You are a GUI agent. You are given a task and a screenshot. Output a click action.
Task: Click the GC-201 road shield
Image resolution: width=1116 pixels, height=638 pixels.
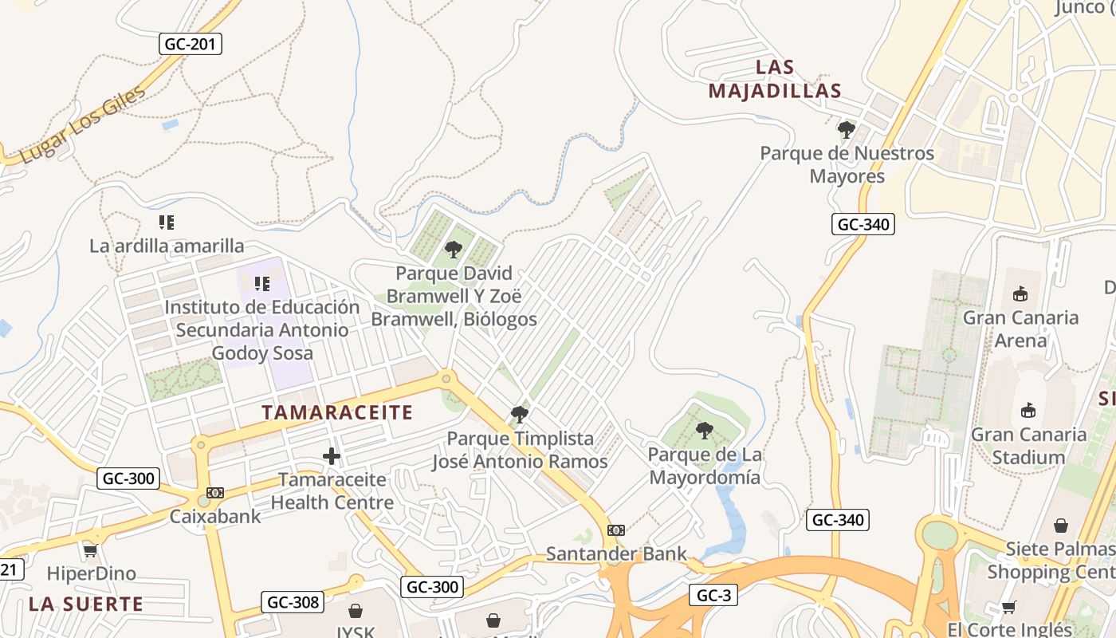(191, 44)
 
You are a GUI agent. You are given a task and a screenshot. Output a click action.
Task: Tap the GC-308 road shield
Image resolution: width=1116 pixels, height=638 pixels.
(293, 602)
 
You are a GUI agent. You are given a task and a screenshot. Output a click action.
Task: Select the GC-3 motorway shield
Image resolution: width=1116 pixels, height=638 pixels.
(713, 595)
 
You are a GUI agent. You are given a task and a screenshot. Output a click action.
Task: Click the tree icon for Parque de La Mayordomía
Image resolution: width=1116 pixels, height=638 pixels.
(704, 431)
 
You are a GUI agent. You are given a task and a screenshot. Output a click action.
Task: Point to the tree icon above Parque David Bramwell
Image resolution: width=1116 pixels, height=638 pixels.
(454, 250)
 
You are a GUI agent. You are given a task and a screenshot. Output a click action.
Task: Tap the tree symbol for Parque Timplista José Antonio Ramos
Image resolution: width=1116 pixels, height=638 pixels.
(520, 415)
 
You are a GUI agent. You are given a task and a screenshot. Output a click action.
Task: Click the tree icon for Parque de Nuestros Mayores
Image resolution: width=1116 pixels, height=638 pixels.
(847, 129)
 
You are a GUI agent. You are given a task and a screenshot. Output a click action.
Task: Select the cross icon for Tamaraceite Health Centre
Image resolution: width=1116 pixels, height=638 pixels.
(332, 456)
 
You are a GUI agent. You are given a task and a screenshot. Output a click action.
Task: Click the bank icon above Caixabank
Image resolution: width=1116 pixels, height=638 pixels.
(215, 493)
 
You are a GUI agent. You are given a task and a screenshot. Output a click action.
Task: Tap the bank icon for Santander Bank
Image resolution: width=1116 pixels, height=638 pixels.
(616, 530)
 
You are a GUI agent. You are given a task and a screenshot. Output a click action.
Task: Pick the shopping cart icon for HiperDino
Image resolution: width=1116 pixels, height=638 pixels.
(91, 550)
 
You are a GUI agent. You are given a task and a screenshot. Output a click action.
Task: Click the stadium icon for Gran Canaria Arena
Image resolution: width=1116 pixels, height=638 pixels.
(1020, 294)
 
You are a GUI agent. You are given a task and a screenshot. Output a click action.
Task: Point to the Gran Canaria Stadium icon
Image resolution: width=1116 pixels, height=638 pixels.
(1028, 412)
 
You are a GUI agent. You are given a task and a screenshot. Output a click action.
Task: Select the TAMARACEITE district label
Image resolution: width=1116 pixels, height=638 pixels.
(337, 412)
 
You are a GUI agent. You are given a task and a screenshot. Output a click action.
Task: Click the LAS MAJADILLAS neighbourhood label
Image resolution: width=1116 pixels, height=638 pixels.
(775, 79)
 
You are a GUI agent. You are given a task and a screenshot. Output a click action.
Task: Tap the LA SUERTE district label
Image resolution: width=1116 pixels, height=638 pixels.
(86, 604)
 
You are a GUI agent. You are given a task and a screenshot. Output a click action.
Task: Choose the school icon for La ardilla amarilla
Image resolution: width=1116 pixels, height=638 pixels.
(166, 223)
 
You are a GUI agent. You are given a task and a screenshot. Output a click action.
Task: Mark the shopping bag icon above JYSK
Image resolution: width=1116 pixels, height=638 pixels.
(356, 611)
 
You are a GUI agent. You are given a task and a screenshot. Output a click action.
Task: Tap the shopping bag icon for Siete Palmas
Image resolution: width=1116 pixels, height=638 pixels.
(1060, 526)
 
